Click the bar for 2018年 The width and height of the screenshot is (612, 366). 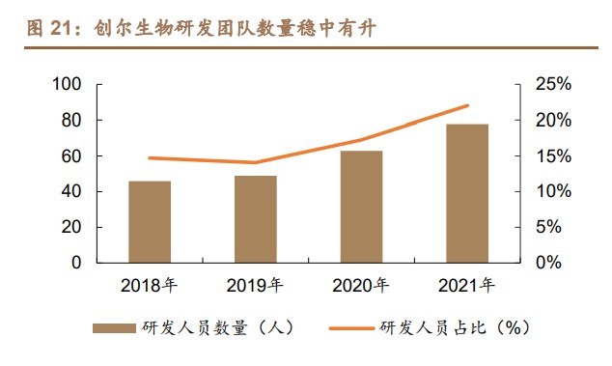point(150,221)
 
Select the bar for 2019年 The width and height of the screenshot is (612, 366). point(255,218)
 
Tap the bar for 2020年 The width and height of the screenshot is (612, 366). point(361,206)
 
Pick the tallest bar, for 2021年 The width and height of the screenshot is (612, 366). point(467,193)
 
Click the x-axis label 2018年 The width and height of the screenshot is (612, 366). point(150,285)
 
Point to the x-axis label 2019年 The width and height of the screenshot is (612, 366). point(255,285)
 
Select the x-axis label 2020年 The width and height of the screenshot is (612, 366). point(361,285)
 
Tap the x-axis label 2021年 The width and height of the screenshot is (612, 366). point(467,285)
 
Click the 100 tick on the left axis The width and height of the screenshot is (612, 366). point(66,85)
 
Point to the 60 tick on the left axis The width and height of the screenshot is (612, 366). point(70,156)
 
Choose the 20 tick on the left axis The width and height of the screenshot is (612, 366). point(70,227)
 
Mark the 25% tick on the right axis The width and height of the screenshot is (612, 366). point(554,85)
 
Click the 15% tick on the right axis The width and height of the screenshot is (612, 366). point(554,156)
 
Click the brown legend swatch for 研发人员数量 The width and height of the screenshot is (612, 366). point(113,328)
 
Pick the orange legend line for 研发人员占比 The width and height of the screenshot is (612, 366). point(349,328)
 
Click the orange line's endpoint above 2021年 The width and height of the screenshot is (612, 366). point(468,105)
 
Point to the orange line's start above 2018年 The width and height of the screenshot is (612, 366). point(150,157)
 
